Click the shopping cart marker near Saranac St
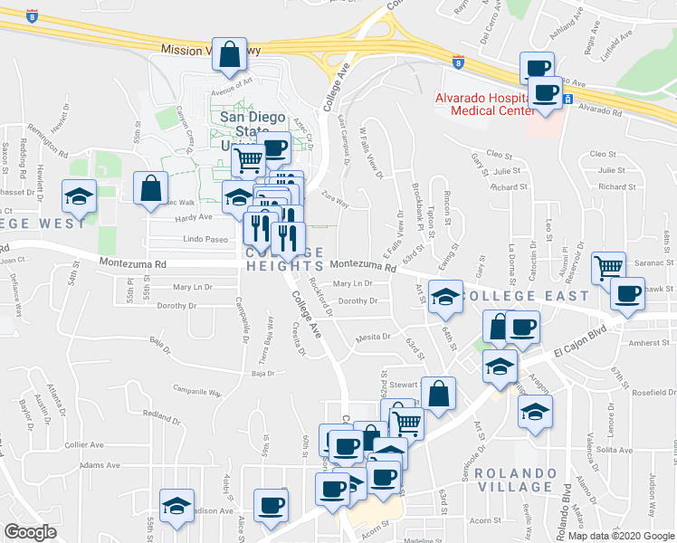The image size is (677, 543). coord(608,267)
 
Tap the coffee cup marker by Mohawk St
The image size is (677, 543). coord(627,294)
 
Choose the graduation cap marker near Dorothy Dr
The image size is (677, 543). coord(445,298)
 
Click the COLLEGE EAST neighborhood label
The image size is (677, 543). coord(525,296)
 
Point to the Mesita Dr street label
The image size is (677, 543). coord(372,336)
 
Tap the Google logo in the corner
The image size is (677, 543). coord(30,532)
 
